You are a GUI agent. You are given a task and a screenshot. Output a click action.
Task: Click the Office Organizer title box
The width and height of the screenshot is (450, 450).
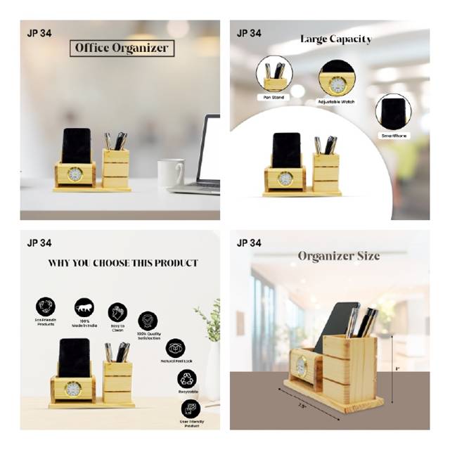pyautogui.click(x=122, y=48)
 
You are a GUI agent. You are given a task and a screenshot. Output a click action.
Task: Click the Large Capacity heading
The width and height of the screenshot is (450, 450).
pyautogui.click(x=335, y=39)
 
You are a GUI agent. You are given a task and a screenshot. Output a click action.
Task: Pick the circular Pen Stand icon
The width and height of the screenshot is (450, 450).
pyautogui.click(x=275, y=75)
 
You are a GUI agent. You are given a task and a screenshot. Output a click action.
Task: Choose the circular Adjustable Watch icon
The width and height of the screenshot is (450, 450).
pyautogui.click(x=337, y=79)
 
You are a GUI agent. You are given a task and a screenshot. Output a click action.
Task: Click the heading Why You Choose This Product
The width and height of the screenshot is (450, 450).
pyautogui.click(x=123, y=264)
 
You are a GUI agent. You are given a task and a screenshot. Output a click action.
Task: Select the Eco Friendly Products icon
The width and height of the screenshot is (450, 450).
pyautogui.click(x=46, y=307)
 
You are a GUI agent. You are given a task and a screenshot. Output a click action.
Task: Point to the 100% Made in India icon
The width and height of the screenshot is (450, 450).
pyautogui.click(x=84, y=307)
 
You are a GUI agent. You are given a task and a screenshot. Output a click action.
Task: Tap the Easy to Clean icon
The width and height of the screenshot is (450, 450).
pyautogui.click(x=117, y=312)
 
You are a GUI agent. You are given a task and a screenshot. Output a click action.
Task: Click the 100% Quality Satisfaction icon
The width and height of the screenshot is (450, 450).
pyautogui.click(x=148, y=321)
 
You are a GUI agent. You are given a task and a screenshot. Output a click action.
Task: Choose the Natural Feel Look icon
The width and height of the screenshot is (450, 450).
pyautogui.click(x=175, y=348)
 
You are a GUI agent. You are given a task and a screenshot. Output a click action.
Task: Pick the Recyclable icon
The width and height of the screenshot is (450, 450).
pyautogui.click(x=187, y=379)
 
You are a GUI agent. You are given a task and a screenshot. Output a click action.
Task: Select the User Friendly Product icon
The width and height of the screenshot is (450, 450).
pyautogui.click(x=191, y=409)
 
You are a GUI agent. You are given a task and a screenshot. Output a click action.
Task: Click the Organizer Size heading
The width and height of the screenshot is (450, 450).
pyautogui.click(x=338, y=255)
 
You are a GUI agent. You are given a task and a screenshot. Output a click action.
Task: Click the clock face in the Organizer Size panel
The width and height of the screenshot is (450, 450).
pyautogui.click(x=301, y=366)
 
